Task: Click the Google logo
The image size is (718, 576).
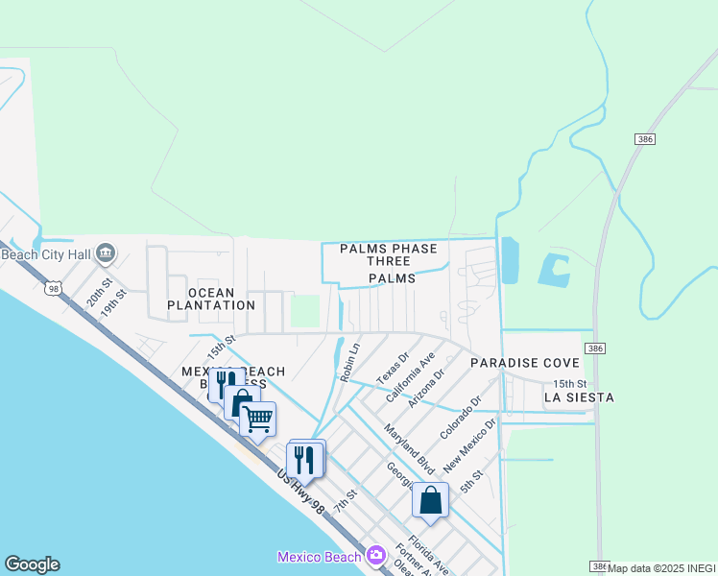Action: (x=32, y=564)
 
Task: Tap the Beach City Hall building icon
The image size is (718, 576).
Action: (x=106, y=253)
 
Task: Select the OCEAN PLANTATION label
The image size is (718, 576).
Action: (x=211, y=299)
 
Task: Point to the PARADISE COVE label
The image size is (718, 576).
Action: (x=524, y=363)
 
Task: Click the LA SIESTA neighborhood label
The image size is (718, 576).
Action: (x=579, y=396)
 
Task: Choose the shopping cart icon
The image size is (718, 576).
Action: (x=257, y=420)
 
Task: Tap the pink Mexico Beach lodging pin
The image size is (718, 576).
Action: (x=375, y=556)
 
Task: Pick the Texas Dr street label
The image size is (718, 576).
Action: (x=393, y=364)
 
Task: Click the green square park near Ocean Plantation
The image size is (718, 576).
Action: (x=305, y=310)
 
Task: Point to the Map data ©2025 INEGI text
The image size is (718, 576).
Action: (x=661, y=568)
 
